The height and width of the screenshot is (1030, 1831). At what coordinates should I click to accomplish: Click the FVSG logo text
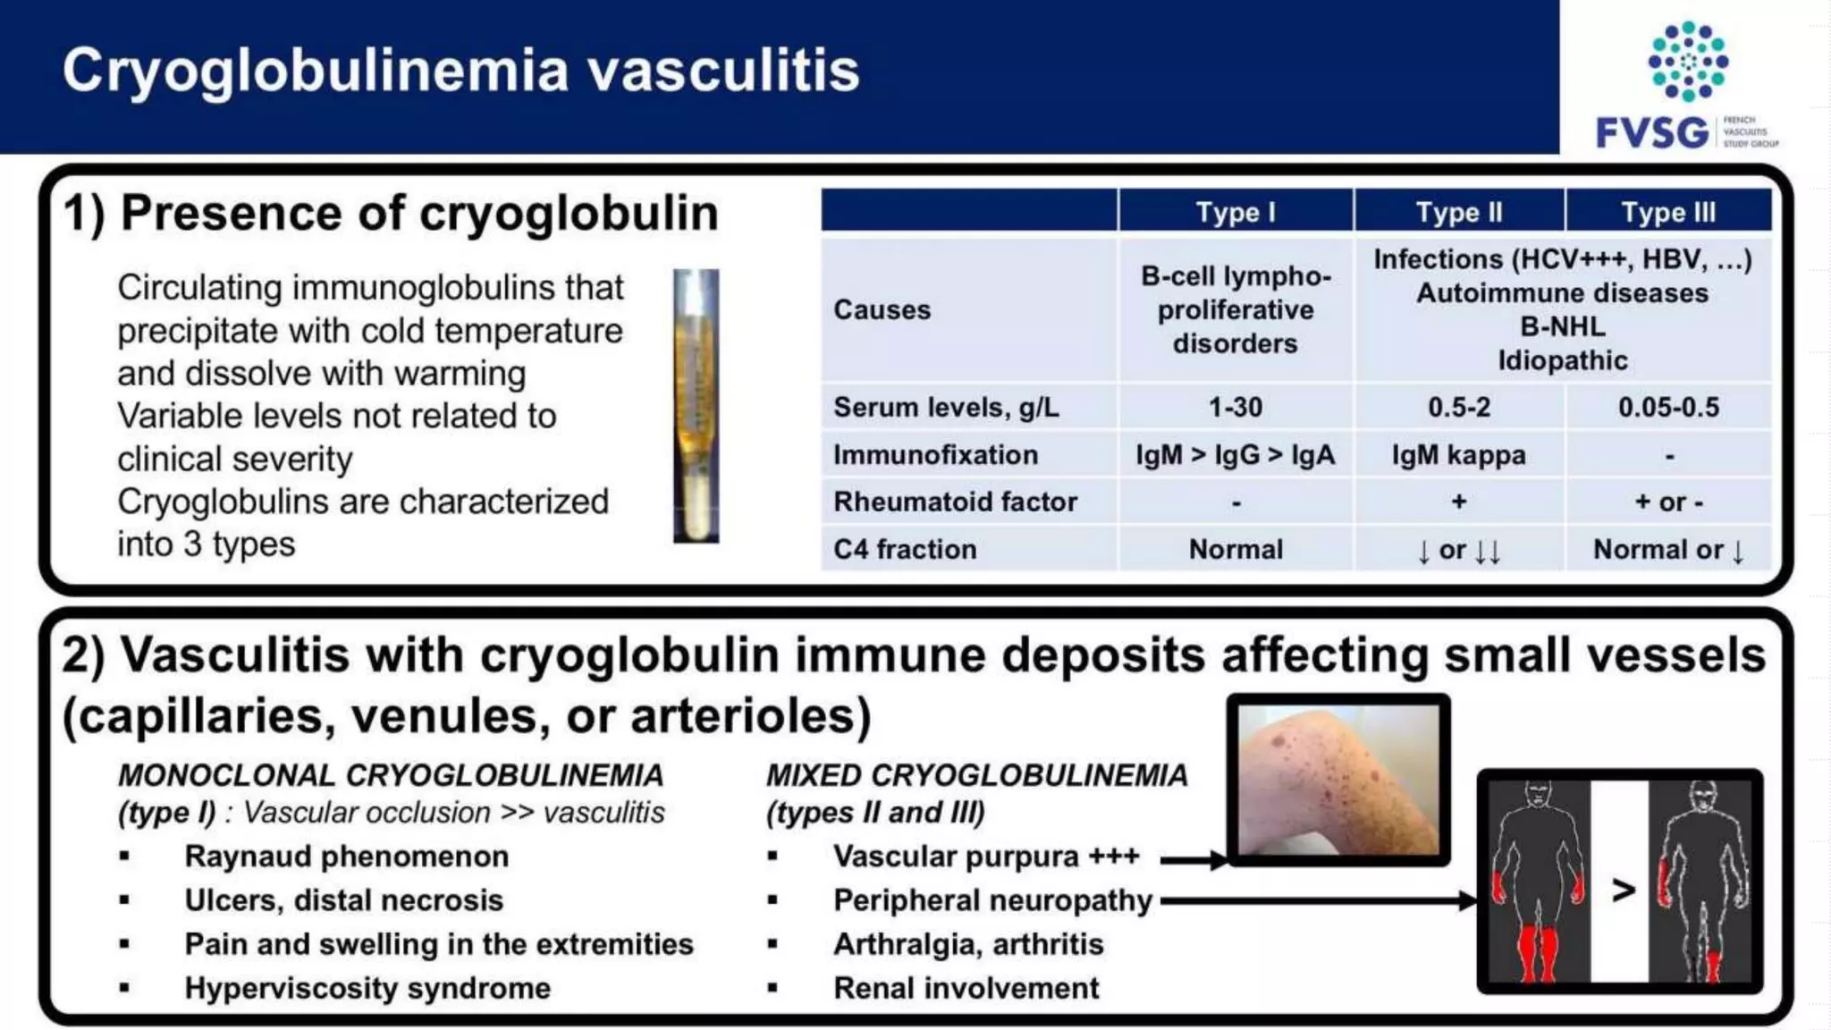coord(1651,132)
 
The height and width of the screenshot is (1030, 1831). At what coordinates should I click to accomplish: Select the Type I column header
coord(1235,212)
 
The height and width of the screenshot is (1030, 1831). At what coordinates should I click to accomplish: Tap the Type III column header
coord(1667,212)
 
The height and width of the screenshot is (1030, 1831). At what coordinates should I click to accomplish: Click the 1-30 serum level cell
coord(1235,408)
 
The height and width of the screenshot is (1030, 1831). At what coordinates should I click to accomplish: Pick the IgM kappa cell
coord(1458,455)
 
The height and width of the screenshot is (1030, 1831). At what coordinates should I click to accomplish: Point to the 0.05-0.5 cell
coord(1667,408)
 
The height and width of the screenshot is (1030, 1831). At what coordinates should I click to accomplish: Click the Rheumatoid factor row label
coord(955,502)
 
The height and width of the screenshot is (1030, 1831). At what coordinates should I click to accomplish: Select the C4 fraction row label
coord(905,549)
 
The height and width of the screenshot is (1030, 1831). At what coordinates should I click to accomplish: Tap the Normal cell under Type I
coord(1235,549)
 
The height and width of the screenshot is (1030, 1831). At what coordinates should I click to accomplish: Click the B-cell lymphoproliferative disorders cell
coord(1235,309)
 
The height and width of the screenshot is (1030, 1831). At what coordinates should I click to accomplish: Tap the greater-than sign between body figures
coord(1623,890)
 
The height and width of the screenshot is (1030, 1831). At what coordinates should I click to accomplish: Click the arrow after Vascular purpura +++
coord(1194,860)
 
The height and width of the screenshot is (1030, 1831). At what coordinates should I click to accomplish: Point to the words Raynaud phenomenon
coord(346,857)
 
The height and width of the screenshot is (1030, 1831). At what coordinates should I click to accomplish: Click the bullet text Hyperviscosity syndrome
coord(367,988)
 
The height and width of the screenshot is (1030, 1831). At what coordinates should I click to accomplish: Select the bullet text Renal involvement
coord(966,988)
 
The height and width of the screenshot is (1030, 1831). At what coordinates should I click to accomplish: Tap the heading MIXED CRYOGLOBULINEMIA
coord(976,775)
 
